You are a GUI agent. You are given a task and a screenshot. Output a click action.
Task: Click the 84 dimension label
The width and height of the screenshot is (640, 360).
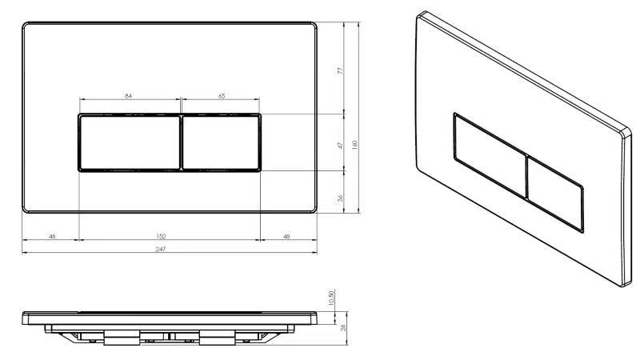tap(128, 96)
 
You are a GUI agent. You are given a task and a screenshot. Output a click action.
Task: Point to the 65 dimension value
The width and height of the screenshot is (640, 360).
tap(222, 96)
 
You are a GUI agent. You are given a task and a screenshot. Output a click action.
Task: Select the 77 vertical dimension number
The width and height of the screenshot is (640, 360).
tap(341, 70)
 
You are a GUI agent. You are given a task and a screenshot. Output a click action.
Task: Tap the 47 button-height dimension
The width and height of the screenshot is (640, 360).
tap(341, 146)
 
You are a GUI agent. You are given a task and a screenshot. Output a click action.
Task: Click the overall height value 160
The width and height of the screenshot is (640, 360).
tap(354, 145)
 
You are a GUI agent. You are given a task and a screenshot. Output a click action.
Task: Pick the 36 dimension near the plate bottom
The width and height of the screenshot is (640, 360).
tap(341, 198)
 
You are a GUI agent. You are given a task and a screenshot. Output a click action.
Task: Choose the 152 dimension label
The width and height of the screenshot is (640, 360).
tap(162, 236)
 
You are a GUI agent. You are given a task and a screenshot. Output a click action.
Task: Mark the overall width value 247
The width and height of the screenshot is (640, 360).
tap(162, 249)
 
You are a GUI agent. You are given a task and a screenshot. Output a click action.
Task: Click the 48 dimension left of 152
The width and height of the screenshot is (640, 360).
tap(52, 236)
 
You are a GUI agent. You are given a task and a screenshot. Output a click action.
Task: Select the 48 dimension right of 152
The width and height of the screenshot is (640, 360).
tap(286, 236)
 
